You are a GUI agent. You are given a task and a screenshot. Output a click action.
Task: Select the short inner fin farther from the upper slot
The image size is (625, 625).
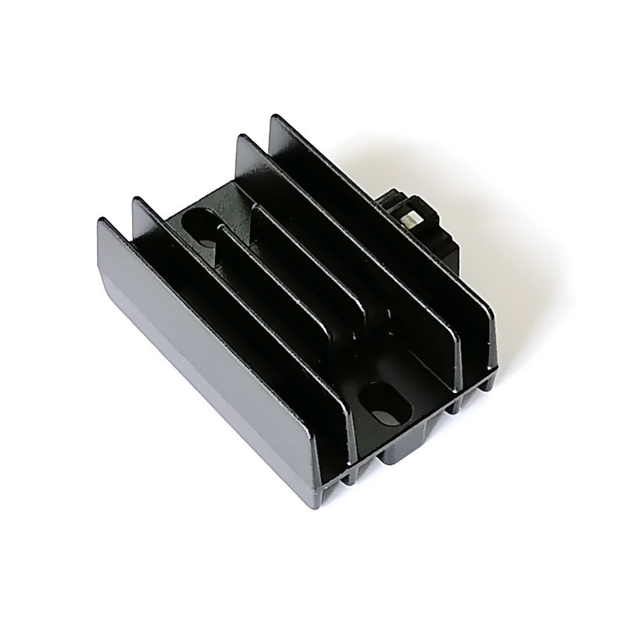coord(312,250)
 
